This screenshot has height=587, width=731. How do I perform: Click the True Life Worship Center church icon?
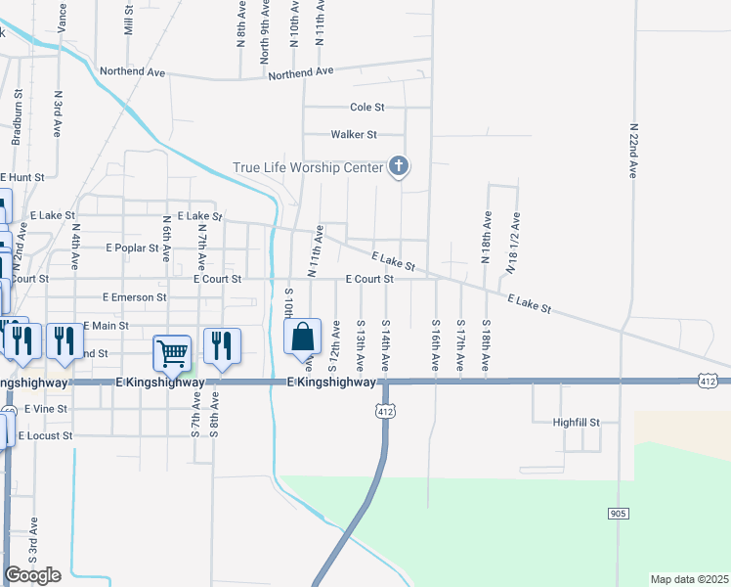398,167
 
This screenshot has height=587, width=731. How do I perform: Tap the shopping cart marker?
173,354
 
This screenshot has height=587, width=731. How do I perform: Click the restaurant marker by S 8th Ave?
222,347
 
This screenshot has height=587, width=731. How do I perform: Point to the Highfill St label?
575,423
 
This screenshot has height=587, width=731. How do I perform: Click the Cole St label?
367,107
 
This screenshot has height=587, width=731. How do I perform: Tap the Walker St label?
354,134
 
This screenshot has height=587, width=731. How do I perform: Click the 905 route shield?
617,514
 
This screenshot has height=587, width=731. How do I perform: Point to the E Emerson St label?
135,296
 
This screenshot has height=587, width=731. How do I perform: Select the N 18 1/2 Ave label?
512,243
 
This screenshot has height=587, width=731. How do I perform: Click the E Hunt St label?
23,177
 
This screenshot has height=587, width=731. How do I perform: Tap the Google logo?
32,575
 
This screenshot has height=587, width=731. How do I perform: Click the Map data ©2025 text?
689,579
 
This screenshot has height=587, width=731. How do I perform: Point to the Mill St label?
128,20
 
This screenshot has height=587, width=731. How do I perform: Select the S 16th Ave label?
436,344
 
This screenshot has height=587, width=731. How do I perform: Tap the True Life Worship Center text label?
307,167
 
